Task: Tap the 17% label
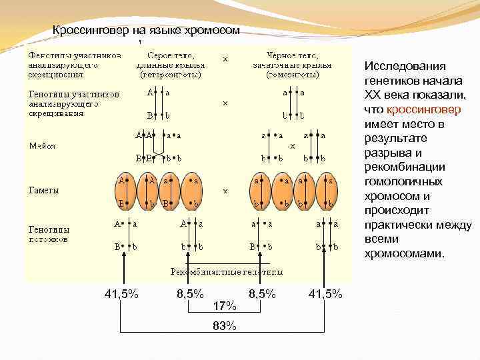click(x=225, y=306)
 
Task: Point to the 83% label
click(x=225, y=326)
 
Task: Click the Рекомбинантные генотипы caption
click(x=226, y=271)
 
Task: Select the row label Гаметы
click(x=43, y=190)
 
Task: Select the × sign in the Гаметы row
click(x=225, y=191)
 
